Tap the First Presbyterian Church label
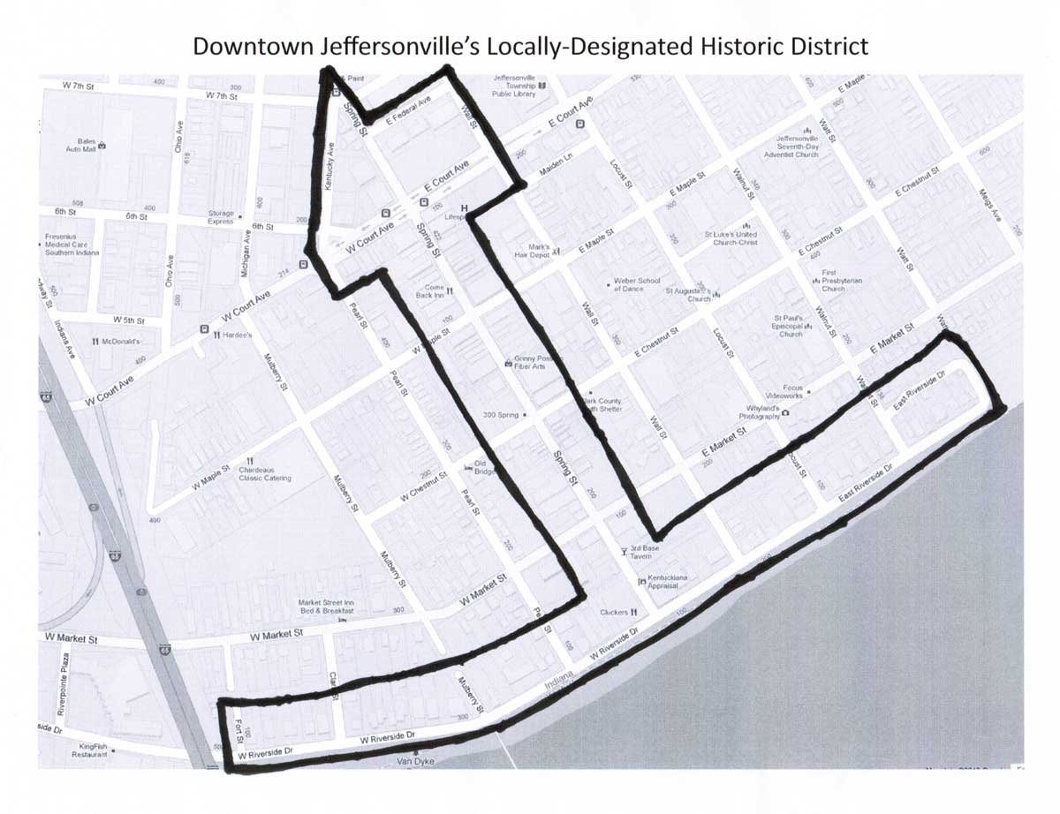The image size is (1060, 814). pyautogui.click(x=833, y=281)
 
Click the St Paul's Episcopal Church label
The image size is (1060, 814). pyautogui.click(x=791, y=326)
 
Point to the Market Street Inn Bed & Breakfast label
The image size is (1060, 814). pyautogui.click(x=325, y=607)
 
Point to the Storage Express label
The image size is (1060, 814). pyautogui.click(x=221, y=218)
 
